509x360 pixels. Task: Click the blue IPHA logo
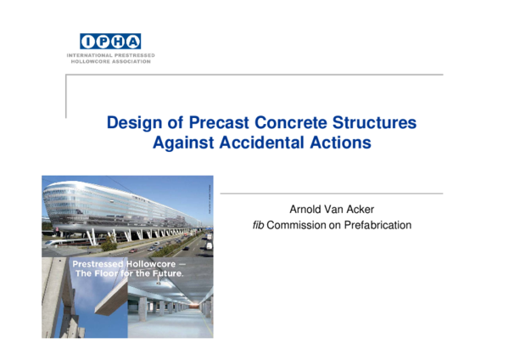point(110,42)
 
